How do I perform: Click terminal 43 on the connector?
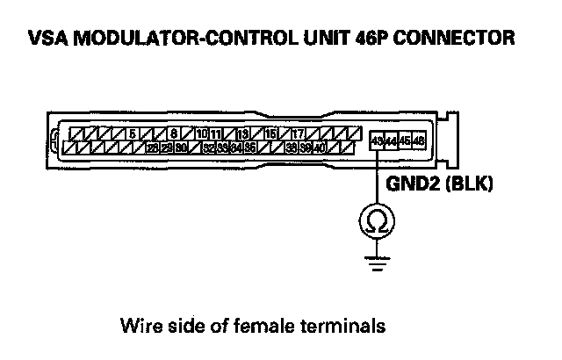(377, 140)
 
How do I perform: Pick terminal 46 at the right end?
(419, 140)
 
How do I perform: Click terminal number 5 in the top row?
(133, 133)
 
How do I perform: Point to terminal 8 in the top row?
(175, 133)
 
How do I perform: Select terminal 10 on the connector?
(202, 133)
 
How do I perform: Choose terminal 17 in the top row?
(299, 133)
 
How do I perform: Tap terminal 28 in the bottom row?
(153, 148)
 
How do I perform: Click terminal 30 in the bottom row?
(181, 148)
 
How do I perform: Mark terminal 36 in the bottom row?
(250, 148)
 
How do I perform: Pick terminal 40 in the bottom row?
(320, 148)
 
